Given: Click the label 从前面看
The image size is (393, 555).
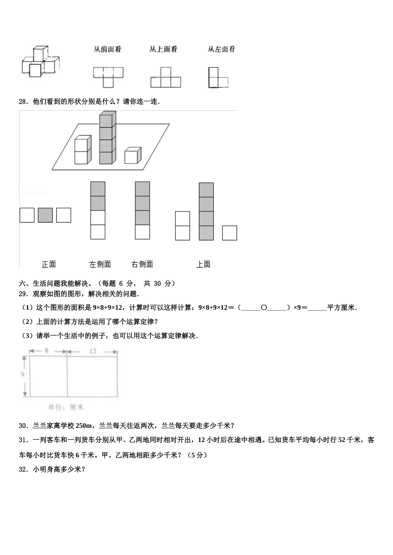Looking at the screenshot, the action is coord(108,50).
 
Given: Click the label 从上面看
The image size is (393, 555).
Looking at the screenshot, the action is coord(163,50).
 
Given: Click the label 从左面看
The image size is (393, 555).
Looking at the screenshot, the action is coord(221,50).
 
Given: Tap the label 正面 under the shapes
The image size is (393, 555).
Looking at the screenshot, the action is coord(49,264).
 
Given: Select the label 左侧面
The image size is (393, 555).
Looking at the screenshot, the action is coord(100,264).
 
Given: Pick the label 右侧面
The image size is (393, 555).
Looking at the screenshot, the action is coord(142,264).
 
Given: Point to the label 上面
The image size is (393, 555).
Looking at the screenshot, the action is coord(203,264).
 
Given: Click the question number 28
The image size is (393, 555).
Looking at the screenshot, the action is coord(23,102).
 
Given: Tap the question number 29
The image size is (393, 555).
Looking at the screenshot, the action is coord(23,294).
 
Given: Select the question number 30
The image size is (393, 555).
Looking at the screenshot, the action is coord(23,426).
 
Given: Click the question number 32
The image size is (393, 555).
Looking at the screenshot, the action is coord(23,469).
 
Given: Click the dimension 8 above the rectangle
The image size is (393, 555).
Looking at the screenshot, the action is coord(46,351).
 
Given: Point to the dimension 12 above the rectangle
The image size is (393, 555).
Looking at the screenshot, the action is coord(93,351).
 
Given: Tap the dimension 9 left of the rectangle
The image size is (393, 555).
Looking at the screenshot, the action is coord(22,375).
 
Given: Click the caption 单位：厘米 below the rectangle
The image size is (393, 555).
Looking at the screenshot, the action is coord(66,407).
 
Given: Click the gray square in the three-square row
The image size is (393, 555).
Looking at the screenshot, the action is coord(46,215).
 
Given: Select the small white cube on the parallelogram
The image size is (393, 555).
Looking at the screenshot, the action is coord(132,156).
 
